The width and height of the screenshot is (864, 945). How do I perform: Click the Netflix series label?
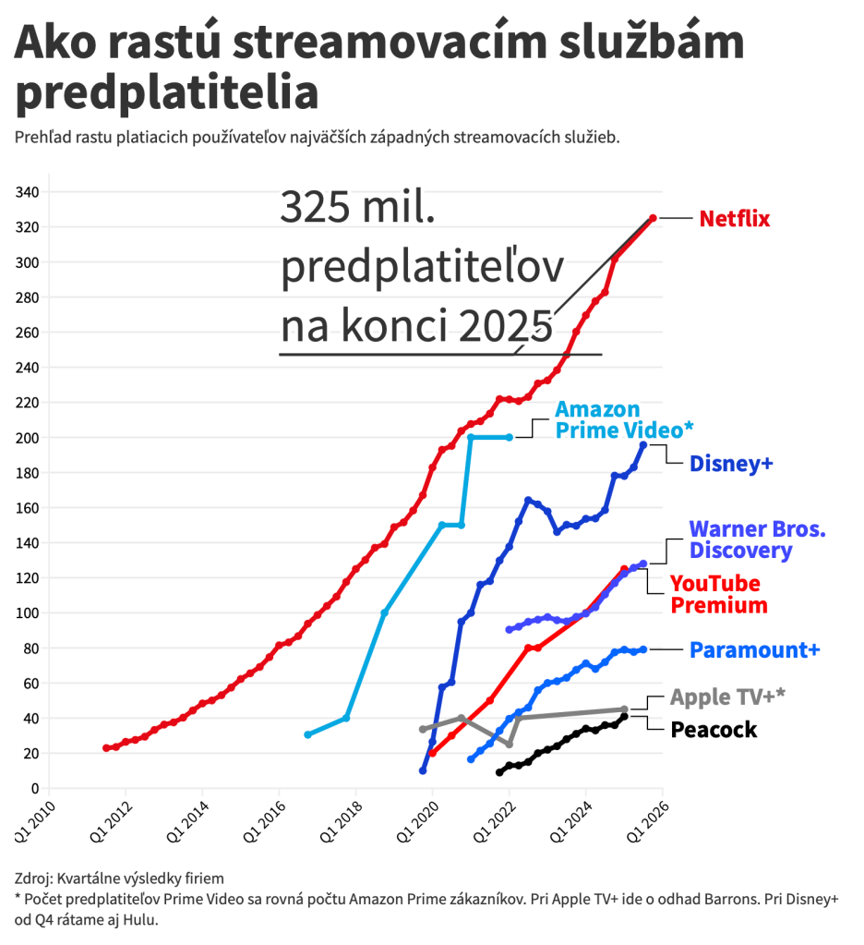tap(734, 219)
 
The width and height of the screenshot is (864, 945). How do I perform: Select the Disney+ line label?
tap(731, 464)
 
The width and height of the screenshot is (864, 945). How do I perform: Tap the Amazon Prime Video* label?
tap(623, 419)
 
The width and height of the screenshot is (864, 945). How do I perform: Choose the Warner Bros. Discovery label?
tap(757, 540)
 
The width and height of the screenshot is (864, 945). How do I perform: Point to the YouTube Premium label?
tap(718, 595)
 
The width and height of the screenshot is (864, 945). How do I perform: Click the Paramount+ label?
tap(754, 650)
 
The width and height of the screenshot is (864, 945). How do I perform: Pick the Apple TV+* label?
tap(727, 697)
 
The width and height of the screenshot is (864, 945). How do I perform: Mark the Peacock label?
tap(714, 730)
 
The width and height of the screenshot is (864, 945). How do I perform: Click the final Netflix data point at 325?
tap(653, 218)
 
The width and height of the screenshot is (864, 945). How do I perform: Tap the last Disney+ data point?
tap(643, 445)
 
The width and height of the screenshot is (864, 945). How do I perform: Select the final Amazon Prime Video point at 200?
tap(510, 437)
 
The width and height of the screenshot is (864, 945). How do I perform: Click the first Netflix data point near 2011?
tap(106, 747)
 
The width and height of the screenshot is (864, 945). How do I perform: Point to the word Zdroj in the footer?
tap(33, 878)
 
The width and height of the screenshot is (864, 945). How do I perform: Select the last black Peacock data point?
tap(624, 716)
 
